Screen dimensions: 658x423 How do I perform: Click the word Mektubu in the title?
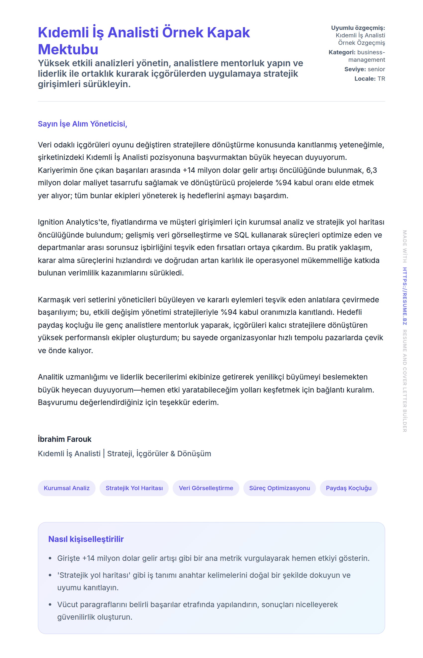click(x=68, y=50)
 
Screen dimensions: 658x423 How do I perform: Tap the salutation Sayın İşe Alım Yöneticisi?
click(x=82, y=124)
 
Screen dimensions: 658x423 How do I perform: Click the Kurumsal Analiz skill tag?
click(x=67, y=488)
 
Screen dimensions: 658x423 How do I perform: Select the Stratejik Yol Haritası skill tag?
click(x=134, y=488)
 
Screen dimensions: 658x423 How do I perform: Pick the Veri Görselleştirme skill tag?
click(x=206, y=488)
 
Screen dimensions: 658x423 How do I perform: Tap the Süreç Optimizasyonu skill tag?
click(x=279, y=488)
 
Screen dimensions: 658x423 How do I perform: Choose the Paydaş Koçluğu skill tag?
click(x=349, y=488)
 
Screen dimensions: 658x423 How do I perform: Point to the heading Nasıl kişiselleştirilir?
click(x=86, y=539)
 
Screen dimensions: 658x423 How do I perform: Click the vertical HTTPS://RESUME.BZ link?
click(x=405, y=296)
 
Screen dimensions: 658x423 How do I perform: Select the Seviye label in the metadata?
click(x=355, y=69)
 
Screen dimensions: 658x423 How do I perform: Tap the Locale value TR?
click(x=381, y=79)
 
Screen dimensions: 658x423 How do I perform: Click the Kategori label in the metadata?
click(x=342, y=52)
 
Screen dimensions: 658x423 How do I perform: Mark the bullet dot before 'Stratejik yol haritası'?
click(x=50, y=575)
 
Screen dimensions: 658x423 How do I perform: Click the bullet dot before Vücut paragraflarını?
click(x=50, y=605)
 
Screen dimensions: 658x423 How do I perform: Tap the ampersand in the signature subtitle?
click(x=173, y=454)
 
